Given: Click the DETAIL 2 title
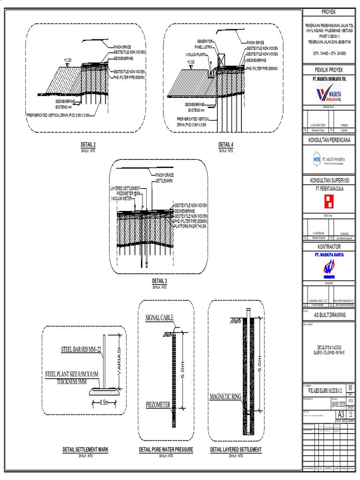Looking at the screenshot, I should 88,144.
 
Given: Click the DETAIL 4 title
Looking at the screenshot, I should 225,144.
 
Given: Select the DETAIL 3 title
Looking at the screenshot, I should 159,281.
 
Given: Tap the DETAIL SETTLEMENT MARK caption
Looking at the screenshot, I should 86,450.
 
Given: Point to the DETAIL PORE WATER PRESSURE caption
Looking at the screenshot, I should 166,450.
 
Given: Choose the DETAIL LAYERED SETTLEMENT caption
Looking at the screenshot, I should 236,450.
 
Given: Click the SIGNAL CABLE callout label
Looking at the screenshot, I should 159,317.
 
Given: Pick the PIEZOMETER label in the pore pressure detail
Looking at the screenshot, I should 158,404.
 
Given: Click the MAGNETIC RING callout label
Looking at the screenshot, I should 225,397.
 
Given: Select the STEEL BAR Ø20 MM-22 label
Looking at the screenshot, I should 81,350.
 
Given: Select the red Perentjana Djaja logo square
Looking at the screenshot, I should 328,201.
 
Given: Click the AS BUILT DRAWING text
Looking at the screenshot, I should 329,315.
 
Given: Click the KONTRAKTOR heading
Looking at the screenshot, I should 329,247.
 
